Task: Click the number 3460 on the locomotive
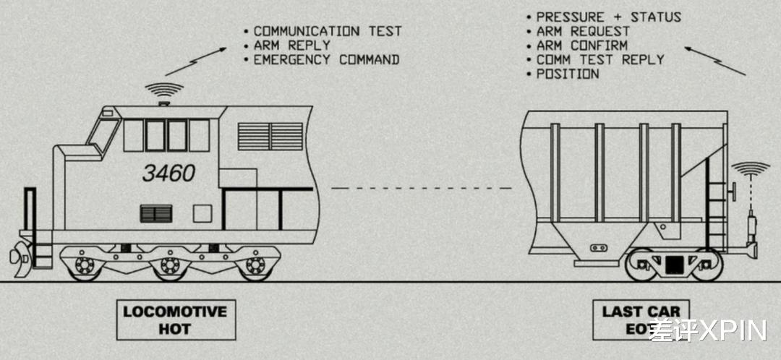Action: coord(168,173)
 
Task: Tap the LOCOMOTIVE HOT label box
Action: coord(176,320)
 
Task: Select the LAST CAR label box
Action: coord(641,320)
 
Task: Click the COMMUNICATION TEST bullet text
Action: coord(328,31)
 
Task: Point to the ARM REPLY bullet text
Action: coord(292,46)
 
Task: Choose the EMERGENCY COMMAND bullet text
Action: coord(326,60)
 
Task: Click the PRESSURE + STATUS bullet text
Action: coord(608,17)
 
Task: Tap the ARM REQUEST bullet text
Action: coord(583,31)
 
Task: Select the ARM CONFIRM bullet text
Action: coord(581,46)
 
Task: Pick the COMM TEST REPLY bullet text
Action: coord(600,60)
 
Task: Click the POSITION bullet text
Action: coord(568,74)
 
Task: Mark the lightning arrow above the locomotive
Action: coord(196,61)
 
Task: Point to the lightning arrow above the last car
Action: coord(715,61)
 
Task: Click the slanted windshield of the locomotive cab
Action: coord(103,134)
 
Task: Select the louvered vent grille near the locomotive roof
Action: coord(270,137)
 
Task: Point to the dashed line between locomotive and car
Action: coord(422,188)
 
